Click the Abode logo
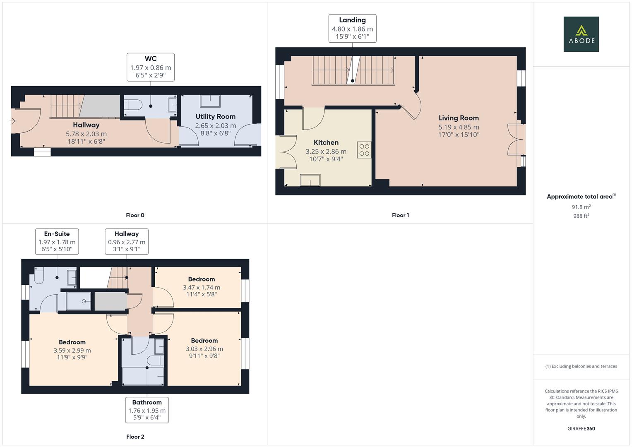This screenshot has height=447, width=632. point(581,34)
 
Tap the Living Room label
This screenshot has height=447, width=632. point(459,118)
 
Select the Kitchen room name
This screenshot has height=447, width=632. point(326,142)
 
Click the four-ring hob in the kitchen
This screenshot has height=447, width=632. point(364,150)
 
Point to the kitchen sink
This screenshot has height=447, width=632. point(310,180)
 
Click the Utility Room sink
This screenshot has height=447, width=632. point(210,101)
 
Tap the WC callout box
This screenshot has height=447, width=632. point(150,67)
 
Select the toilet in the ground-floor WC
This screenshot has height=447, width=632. point(133,105)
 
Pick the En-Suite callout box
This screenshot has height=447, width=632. point(57,242)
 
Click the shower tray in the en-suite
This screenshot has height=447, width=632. point(79,301)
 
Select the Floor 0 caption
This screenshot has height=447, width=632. point(135,215)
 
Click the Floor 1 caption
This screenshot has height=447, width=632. point(400,215)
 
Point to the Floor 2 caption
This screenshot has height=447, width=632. point(135,437)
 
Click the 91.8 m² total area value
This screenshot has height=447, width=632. point(581,207)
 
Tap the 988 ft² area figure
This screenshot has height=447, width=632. point(581,216)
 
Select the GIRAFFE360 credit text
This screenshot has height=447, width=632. point(581,429)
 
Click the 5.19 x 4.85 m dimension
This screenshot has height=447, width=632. point(459,127)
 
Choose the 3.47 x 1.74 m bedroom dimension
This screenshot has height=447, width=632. point(202,288)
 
